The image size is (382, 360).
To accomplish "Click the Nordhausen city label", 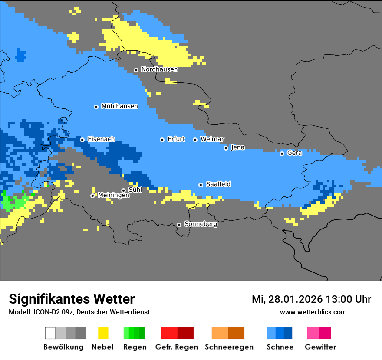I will point(159,69).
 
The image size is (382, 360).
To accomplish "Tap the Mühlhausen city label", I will point(119,106).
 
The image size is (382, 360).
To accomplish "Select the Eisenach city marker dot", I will point(82,140).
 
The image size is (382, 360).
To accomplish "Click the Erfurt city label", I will point(176,139).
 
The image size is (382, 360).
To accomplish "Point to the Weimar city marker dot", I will point(195,140).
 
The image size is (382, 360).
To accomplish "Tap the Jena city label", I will point(237,147).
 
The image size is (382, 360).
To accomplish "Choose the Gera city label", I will point(294,153).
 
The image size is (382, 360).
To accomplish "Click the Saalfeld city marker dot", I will point(201,185).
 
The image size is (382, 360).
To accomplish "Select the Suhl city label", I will point(135,190).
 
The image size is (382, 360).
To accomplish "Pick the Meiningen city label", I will point(113,195).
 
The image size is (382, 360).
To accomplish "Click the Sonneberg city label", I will point(201,224).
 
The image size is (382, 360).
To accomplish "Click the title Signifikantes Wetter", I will point(72,299).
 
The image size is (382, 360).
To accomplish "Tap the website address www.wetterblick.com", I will point(313,312).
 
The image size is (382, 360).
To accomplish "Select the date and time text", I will point(311,299).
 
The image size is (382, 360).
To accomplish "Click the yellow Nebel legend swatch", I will point(103,333).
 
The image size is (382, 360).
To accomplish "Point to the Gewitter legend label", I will point(320,347).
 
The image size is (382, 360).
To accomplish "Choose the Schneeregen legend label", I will point(229,347).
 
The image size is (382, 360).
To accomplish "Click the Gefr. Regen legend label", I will point(176,347).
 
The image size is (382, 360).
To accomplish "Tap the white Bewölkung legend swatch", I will point(50,333).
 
